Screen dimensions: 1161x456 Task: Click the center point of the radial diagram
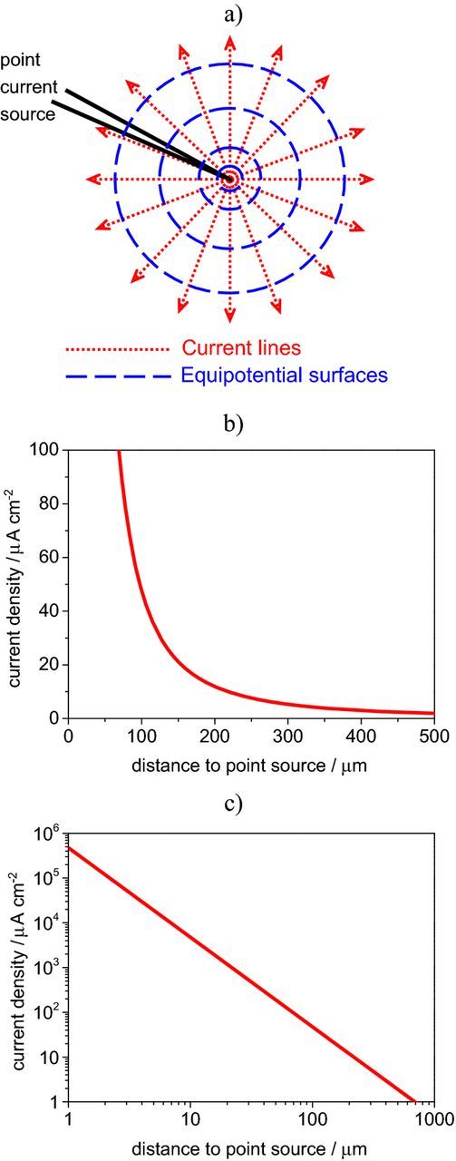[229, 179]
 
